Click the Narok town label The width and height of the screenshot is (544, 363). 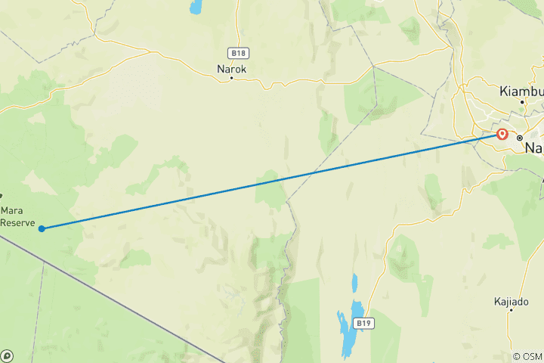point(232,68)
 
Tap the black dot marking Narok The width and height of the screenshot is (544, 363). point(232,77)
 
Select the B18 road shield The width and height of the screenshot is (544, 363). point(238,53)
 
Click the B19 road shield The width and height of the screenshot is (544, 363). point(365,323)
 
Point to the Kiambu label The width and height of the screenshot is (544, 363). point(520,90)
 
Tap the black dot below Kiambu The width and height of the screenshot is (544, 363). point(521,101)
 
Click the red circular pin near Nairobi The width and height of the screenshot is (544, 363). point(502,135)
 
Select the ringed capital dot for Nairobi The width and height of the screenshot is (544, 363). point(520,138)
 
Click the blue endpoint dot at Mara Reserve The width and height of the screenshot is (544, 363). point(42,228)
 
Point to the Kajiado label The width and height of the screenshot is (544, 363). point(511,301)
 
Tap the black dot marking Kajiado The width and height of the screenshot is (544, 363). point(511,309)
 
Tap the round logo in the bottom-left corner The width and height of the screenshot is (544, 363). point(7,355)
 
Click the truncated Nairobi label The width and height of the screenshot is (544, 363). point(534,148)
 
